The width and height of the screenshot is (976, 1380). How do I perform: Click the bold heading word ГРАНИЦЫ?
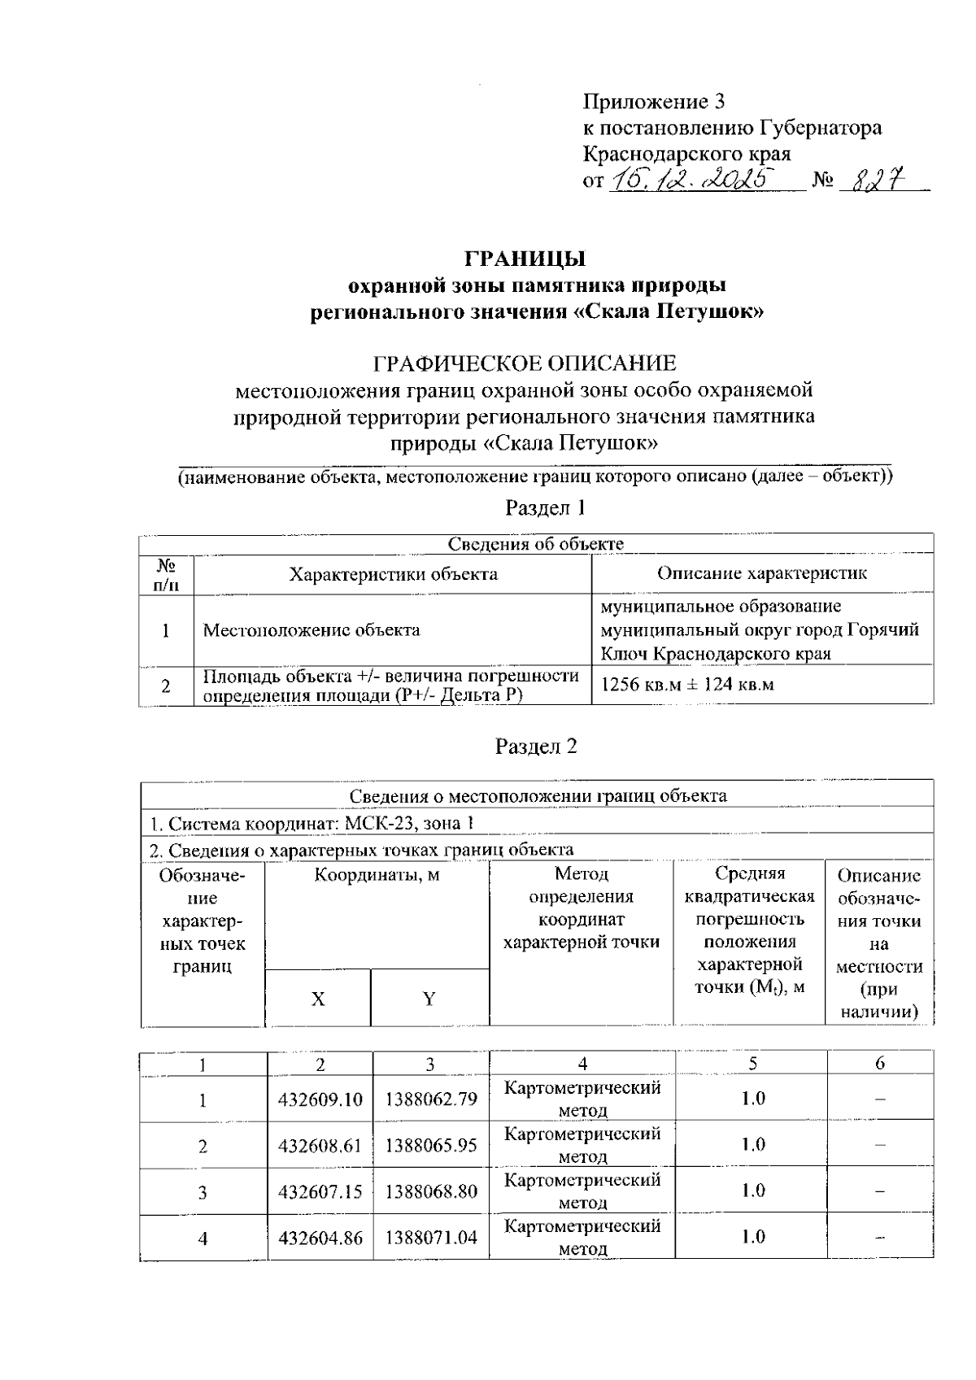pyautogui.click(x=525, y=259)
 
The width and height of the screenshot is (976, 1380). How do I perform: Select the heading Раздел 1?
pyautogui.click(x=545, y=508)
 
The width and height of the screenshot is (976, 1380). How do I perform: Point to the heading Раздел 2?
pyautogui.click(x=536, y=747)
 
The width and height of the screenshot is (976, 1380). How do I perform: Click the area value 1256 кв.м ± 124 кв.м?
pyautogui.click(x=686, y=684)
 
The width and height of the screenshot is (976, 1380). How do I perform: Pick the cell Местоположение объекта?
pyautogui.click(x=312, y=629)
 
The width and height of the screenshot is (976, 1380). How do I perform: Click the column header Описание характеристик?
pyautogui.click(x=761, y=573)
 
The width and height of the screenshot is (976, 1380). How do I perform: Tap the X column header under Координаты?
pyautogui.click(x=318, y=999)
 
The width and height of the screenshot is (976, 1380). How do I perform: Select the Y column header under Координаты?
pyautogui.click(x=429, y=999)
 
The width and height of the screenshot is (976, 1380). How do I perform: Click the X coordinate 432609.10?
pyautogui.click(x=320, y=1100)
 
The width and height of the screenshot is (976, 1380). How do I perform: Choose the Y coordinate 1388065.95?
pyautogui.click(x=431, y=1146)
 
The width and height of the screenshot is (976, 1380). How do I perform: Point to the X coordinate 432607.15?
pyautogui.click(x=320, y=1192)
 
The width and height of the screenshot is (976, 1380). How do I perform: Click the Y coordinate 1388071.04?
pyautogui.click(x=431, y=1239)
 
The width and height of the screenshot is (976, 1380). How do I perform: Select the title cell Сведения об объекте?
pyautogui.click(x=536, y=544)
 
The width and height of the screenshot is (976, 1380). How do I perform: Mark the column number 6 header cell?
pyautogui.click(x=879, y=1063)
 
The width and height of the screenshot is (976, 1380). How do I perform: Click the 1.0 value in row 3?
pyautogui.click(x=753, y=1191)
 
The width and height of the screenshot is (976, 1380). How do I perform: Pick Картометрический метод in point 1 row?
pyautogui.click(x=582, y=1099)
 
